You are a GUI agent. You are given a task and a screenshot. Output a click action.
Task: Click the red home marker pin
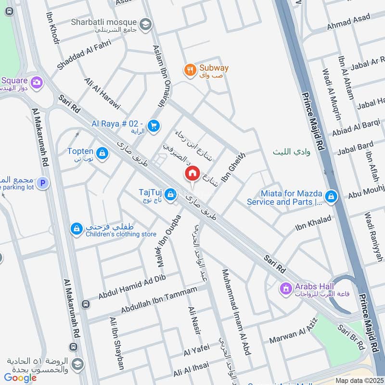click(192, 174)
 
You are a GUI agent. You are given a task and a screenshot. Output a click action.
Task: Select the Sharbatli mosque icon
click(145, 24)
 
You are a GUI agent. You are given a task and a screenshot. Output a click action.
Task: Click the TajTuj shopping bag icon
click(169, 195)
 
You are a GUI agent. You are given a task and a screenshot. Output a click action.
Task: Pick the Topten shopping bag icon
click(102, 154)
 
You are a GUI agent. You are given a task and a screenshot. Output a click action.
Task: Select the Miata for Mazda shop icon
click(331, 196)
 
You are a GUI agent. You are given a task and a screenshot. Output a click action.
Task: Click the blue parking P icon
click(43, 183)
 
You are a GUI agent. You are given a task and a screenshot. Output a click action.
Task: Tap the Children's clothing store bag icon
click(76, 229)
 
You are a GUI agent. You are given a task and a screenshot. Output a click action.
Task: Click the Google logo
click(21, 378)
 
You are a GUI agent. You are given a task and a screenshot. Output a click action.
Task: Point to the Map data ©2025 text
click(359, 380)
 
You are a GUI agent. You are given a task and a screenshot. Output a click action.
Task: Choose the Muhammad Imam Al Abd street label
click(235, 312)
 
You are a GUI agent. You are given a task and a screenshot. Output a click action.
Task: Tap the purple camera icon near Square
click(37, 82)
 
